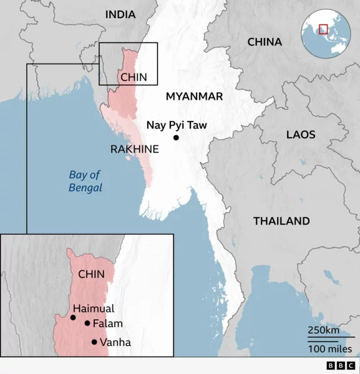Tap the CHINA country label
[x=265, y=42]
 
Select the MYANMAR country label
[x=194, y=96]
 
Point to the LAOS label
[x=301, y=135]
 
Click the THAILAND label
[x=281, y=221]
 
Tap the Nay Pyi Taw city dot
[x=177, y=138]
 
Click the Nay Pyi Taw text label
[x=177, y=125]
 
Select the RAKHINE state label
[x=134, y=150]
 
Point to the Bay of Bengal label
[x=85, y=181]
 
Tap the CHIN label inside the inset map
[x=92, y=274]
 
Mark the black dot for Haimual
[x=73, y=318]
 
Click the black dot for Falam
[x=87, y=323]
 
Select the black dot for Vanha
[x=94, y=342]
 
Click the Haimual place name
[x=94, y=308]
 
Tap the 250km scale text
[x=323, y=330]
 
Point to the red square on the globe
[x=323, y=29]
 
